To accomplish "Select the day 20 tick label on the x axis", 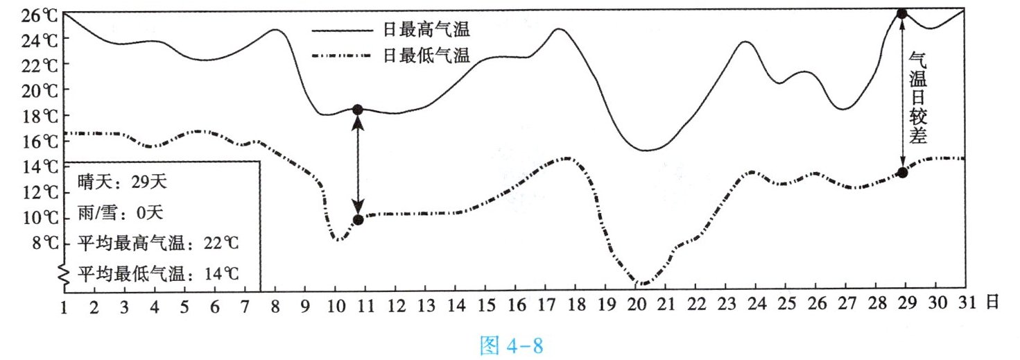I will [x=637, y=304].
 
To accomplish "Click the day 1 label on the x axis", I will [x=64, y=304].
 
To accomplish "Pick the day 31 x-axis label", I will [x=964, y=304].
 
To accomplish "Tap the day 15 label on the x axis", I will [x=487, y=304].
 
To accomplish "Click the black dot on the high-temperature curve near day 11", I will [x=358, y=110].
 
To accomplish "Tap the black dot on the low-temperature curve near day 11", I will [x=358, y=220].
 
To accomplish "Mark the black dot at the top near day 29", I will [x=902, y=13].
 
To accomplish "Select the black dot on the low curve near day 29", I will [x=902, y=172].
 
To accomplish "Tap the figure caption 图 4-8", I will [x=512, y=345].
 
